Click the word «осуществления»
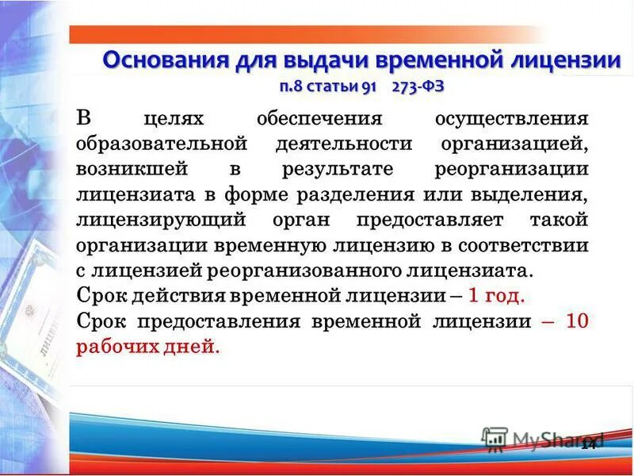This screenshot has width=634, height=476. coord(512,120)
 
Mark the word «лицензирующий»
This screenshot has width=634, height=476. coord(151,221)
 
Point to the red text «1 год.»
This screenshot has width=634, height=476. coord(496,297)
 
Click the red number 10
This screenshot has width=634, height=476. coord(577,321)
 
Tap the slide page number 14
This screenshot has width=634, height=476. coord(587,445)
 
